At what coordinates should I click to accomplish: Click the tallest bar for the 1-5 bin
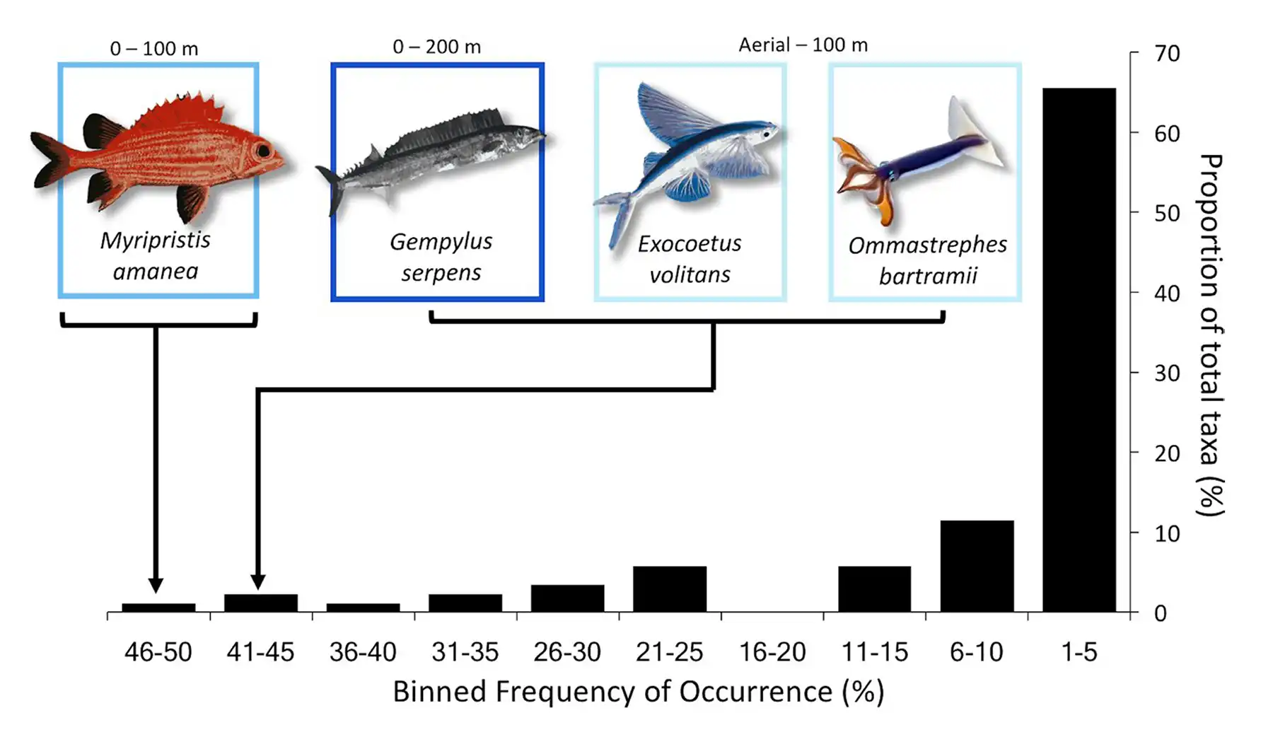[x=1079, y=350]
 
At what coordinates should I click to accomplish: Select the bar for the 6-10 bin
[x=977, y=566]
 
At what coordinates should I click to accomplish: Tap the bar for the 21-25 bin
[x=670, y=589]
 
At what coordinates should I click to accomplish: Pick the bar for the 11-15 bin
[x=874, y=589]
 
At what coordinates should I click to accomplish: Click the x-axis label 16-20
[x=772, y=651]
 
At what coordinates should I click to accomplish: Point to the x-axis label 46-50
[x=158, y=651]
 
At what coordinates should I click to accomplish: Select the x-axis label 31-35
[x=465, y=651]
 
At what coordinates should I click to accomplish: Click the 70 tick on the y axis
[x=1167, y=54]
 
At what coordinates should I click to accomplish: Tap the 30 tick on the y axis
[x=1167, y=373]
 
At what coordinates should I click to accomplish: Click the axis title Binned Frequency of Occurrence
[x=638, y=692]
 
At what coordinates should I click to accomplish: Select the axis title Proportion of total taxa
[x=1211, y=334]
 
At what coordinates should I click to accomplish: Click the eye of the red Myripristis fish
[x=264, y=151]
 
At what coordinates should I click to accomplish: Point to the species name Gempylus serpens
[x=441, y=257]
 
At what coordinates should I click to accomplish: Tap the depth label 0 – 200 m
[x=436, y=47]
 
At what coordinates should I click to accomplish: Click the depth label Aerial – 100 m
[x=803, y=45]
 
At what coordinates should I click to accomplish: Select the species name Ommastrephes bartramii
[x=927, y=260]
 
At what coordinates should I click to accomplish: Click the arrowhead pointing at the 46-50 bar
[x=156, y=584]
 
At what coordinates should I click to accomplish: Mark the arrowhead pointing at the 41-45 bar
[x=258, y=581]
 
